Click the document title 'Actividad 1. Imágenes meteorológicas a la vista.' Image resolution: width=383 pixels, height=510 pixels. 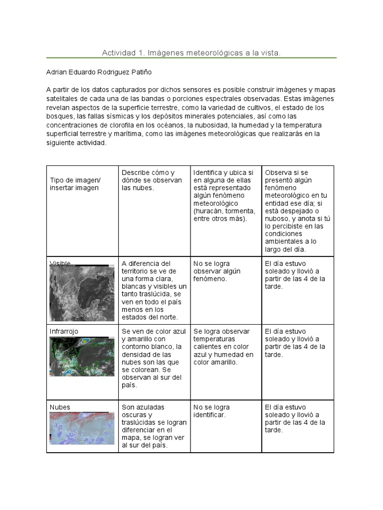191,52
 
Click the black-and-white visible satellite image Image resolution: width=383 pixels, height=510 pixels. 82,292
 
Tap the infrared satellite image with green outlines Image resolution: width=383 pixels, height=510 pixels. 82,356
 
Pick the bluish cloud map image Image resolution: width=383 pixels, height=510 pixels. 82,431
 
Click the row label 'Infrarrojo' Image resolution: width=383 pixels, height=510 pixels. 64,331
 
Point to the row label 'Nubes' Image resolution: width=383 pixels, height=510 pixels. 60,407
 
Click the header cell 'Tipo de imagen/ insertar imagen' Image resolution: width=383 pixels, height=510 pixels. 75,184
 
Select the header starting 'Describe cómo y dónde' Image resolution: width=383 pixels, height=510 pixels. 152,180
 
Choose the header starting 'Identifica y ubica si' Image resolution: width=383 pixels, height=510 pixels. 224,196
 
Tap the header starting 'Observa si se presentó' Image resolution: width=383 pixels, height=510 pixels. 297,211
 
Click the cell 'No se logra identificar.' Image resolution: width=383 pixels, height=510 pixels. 211,411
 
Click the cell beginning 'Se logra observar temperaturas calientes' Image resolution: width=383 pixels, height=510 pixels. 224,347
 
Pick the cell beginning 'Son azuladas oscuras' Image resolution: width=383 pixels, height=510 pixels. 154,426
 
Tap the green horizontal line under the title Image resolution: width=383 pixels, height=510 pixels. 191,58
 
